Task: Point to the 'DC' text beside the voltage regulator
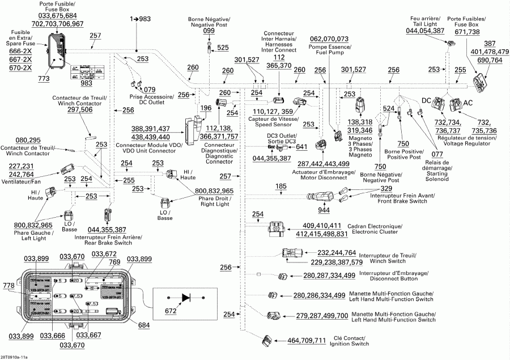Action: tap(427, 100)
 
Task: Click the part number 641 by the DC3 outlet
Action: tap(301, 147)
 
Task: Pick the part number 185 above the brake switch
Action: tap(280, 186)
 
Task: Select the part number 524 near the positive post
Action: tap(389, 108)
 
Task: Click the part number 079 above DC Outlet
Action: tap(150, 90)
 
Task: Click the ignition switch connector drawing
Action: tap(266, 340)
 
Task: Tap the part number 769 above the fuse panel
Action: tap(114, 262)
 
